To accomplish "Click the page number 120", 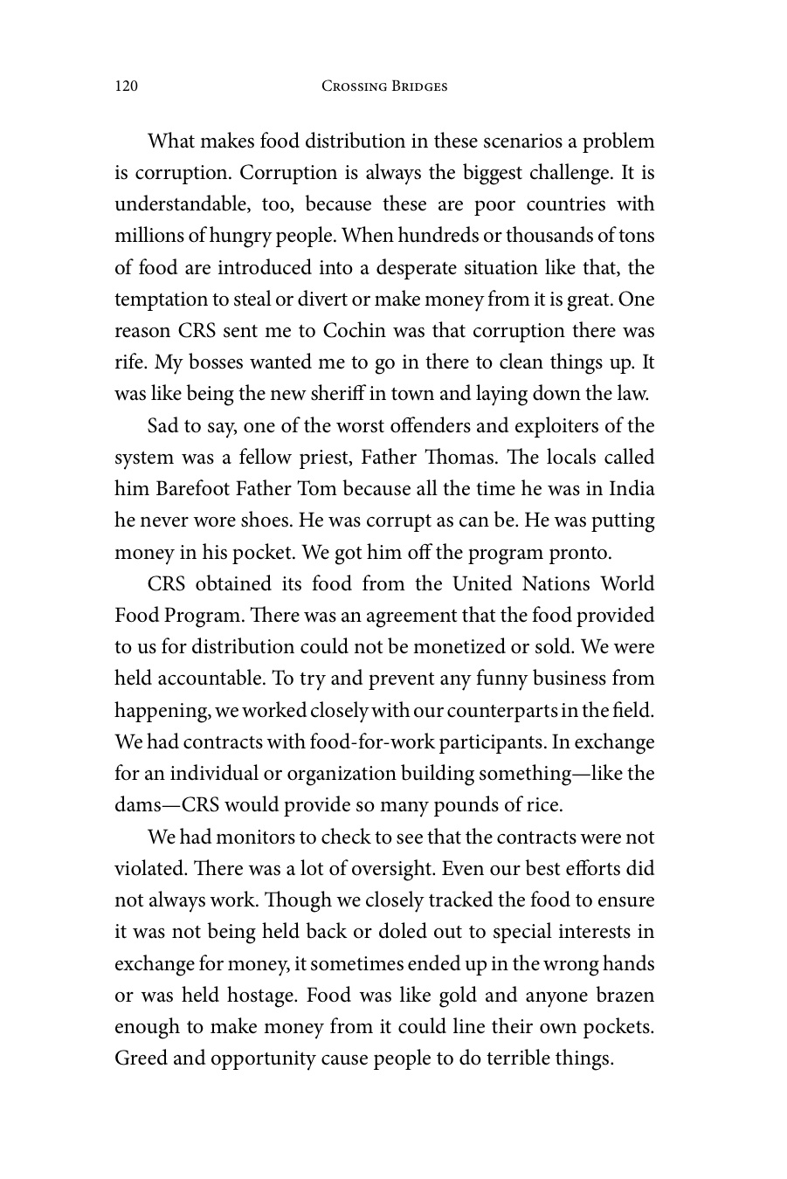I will pos(127,86).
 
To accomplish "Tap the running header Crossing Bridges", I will pos(384,86).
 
